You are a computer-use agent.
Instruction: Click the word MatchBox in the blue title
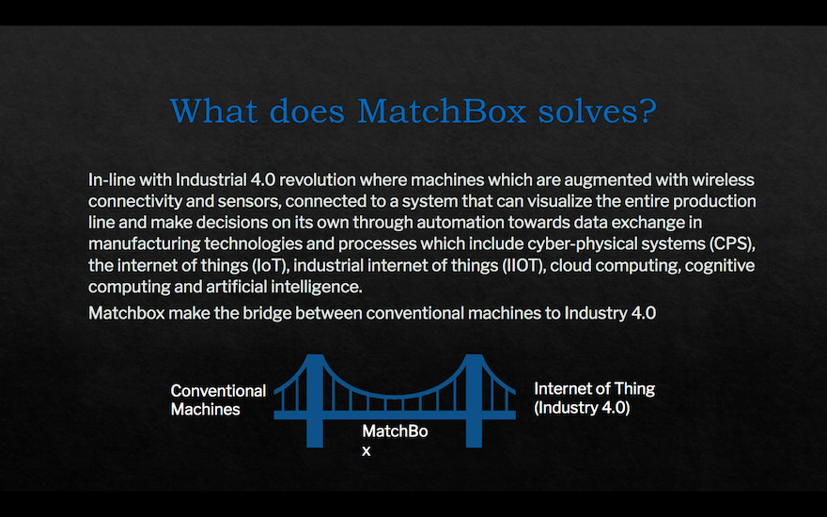442,111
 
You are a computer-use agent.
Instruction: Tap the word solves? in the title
597,111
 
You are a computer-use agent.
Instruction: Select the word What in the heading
213,111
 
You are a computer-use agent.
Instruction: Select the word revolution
317,180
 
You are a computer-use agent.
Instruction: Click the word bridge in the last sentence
267,313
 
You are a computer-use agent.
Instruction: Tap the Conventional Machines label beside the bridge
218,399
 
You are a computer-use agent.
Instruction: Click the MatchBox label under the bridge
395,441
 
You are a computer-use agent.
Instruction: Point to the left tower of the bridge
314,401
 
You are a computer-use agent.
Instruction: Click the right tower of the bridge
474,401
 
